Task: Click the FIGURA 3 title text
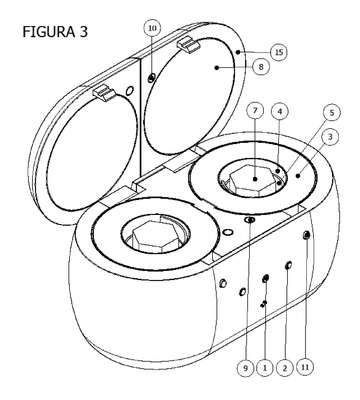coord(55,32)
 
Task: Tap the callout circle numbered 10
coord(152,28)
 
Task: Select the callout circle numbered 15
coord(279,52)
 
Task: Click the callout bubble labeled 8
coord(261,67)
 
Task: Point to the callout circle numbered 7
coord(255,112)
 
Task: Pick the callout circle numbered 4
coord(280,112)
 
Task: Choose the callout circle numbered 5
coord(331,113)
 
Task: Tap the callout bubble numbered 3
coord(329,137)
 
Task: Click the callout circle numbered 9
coord(246,368)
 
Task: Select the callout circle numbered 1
coord(265,368)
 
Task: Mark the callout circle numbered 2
coord(285,368)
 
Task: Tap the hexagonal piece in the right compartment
coord(254,178)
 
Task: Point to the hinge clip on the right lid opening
coord(189,45)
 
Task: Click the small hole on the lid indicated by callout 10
coord(151,78)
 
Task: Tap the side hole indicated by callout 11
coord(307,236)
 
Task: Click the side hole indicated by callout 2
coord(289,266)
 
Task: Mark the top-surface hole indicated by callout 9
coord(250,220)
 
